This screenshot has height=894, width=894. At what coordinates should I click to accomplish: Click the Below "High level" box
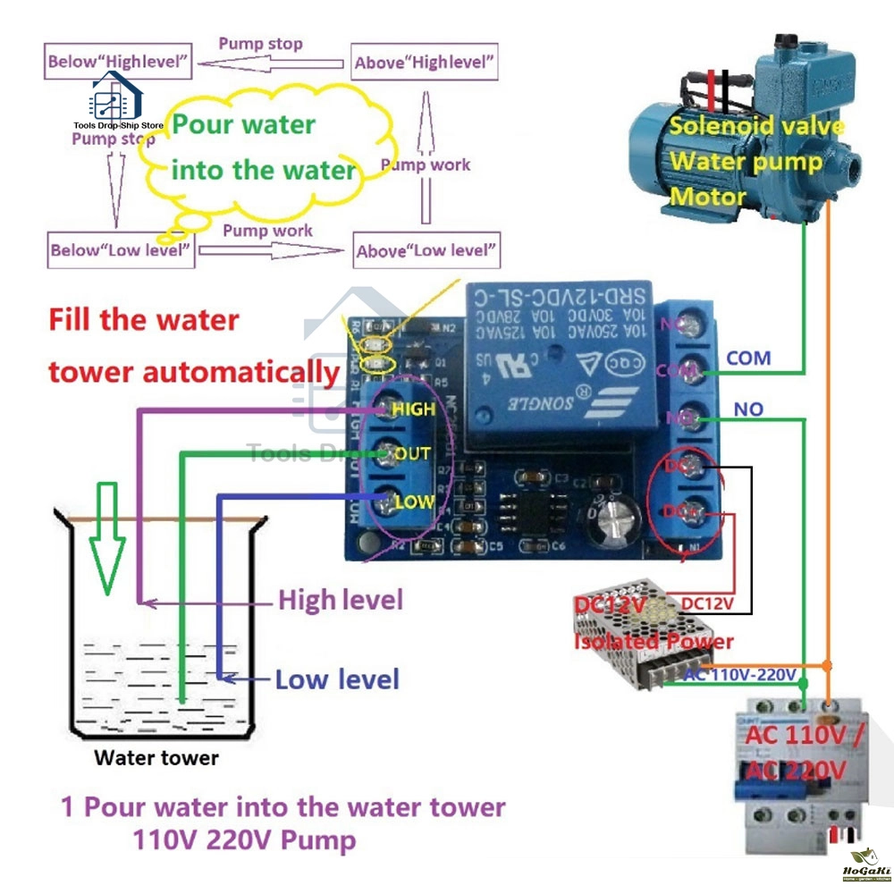[118, 62]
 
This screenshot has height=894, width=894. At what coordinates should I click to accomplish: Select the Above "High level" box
[425, 63]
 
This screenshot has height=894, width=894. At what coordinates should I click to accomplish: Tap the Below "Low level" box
[121, 249]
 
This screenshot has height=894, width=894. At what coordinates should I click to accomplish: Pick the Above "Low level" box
[426, 250]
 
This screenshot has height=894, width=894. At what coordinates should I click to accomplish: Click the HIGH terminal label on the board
[412, 409]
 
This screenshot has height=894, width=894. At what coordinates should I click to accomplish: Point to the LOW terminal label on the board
[414, 502]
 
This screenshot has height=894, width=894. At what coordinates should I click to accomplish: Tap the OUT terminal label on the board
[412, 455]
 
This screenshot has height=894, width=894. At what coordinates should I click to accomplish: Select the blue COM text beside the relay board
[748, 358]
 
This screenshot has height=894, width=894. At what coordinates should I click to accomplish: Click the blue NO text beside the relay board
[748, 409]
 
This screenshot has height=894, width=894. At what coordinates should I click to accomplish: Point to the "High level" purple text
[341, 600]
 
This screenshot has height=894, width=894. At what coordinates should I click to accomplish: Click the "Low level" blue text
[336, 679]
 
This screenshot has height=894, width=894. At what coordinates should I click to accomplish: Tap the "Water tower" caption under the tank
[156, 758]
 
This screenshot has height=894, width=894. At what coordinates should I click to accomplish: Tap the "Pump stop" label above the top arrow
[261, 43]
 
